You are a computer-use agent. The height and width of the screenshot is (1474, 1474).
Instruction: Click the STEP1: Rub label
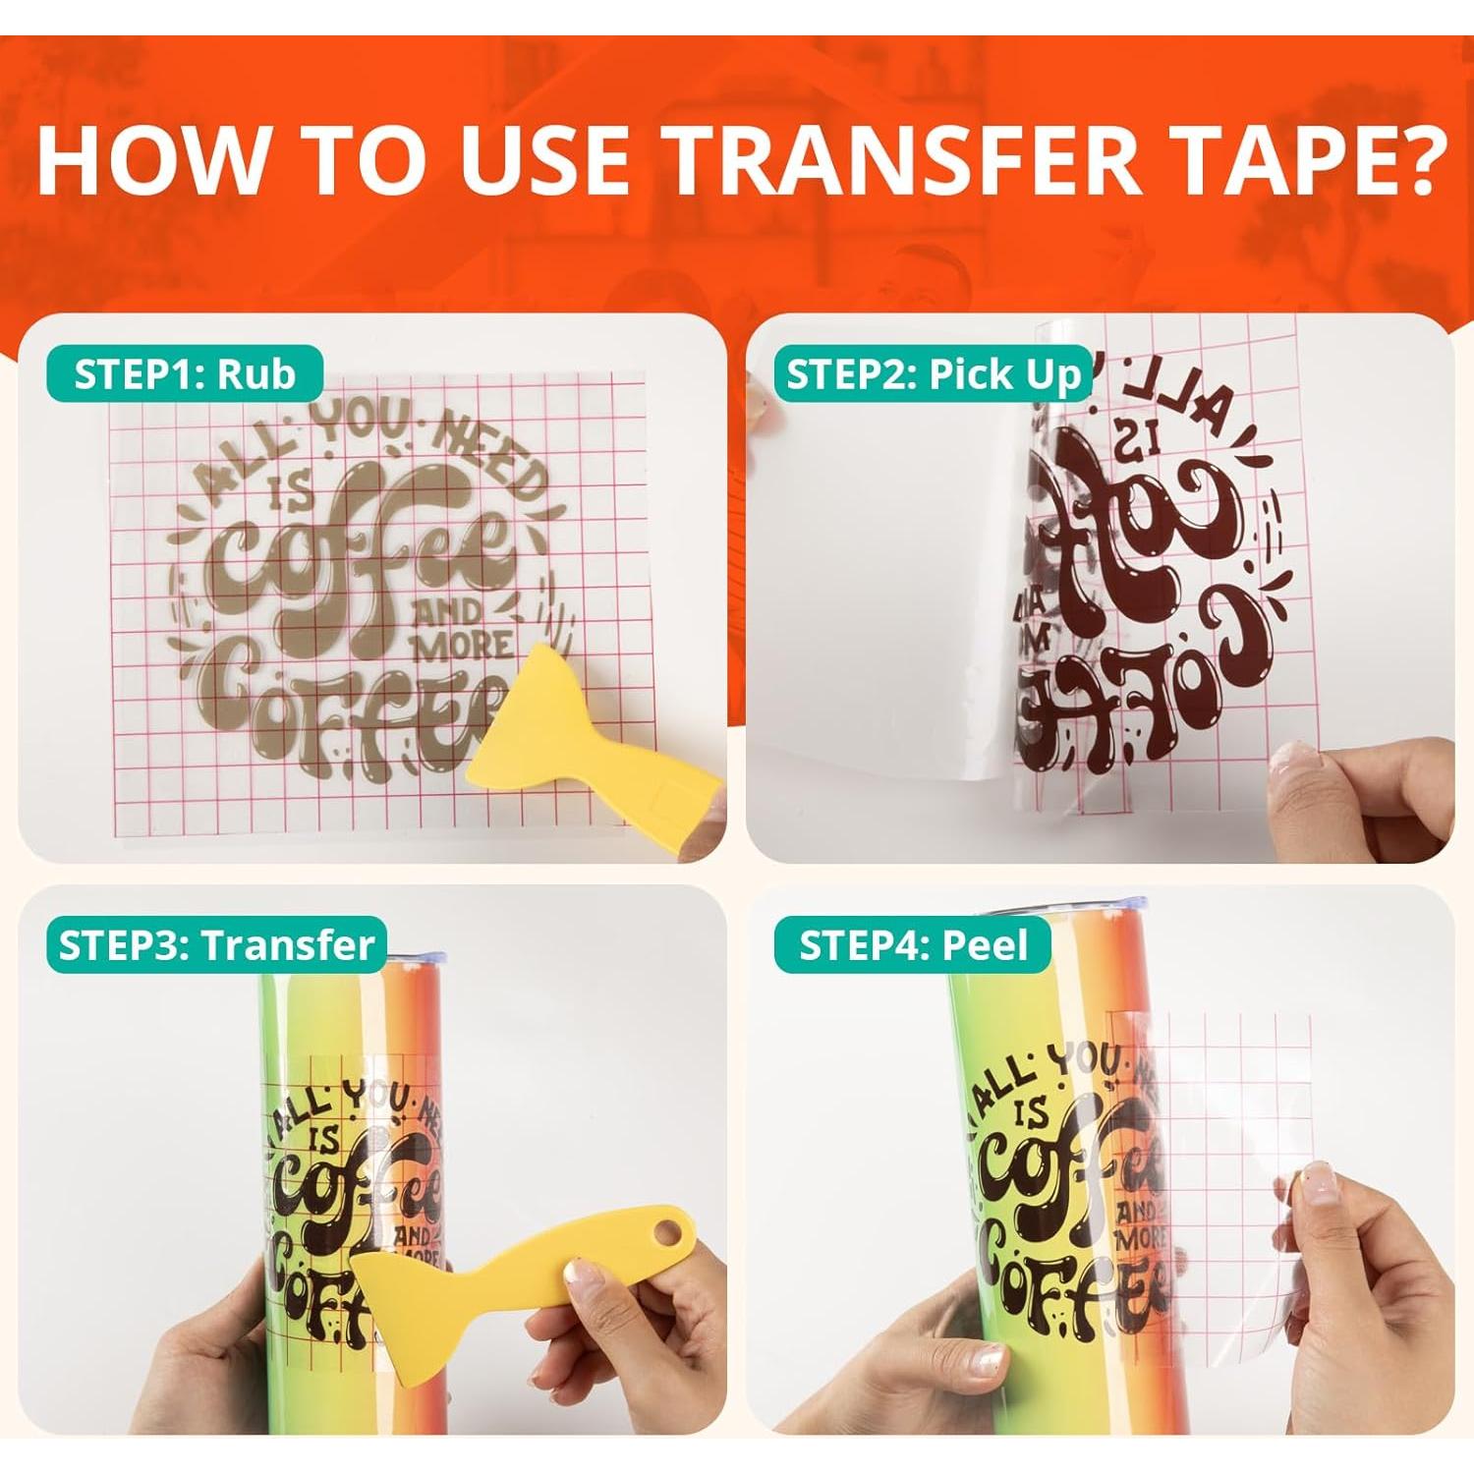pyautogui.click(x=185, y=374)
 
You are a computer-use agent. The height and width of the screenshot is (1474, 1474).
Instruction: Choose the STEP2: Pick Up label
pyautogui.click(x=933, y=374)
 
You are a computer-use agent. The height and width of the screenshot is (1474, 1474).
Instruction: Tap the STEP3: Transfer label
pyautogui.click(x=216, y=945)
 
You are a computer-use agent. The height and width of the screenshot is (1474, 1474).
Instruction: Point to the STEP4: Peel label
pyautogui.click(x=913, y=945)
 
